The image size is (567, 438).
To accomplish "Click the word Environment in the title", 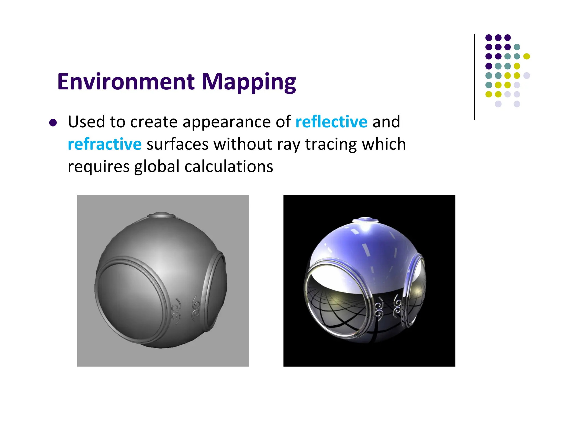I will coord(126,82).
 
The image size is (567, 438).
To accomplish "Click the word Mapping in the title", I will coord(249,82).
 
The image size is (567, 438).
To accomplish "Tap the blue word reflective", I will coord(331,122).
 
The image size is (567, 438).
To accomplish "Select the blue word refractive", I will coord(105,144).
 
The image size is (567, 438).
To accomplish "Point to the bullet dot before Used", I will coord(53,123).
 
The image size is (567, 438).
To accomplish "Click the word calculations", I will coord(229,167).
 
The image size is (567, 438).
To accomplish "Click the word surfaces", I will coord(177,144).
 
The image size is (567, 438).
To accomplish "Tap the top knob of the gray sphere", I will coord(162,215).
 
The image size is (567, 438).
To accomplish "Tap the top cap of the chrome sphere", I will coord(365,220).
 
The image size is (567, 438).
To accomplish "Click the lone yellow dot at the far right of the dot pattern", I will coord(527,56).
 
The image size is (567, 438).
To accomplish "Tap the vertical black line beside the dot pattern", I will coord(475,78).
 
